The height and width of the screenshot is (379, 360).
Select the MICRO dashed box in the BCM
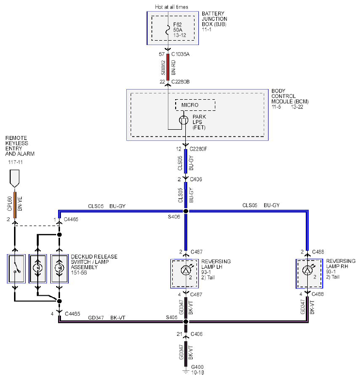pyautogui.click(x=195, y=105)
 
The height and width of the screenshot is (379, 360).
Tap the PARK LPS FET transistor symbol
pyautogui.click(x=183, y=120)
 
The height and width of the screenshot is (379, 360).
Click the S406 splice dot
pyautogui.click(x=186, y=211)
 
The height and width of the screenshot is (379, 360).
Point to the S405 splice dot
pyautogui.click(x=186, y=322)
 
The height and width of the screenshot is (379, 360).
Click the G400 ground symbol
pyautogui.click(x=186, y=371)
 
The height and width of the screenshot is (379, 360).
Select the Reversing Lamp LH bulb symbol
pyautogui.click(x=185, y=270)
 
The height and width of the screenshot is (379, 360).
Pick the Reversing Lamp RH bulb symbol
pyautogui.click(x=307, y=270)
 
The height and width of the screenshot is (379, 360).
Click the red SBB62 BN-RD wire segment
pyautogui.click(x=168, y=67)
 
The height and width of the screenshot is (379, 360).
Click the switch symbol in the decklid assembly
pyautogui.click(x=16, y=268)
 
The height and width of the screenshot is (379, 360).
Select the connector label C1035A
pyautogui.click(x=180, y=54)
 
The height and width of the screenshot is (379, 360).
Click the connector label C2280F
pyautogui.click(x=198, y=149)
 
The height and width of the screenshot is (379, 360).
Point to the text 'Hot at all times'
pyautogui.click(x=172, y=7)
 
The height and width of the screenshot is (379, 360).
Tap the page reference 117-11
pyautogui.click(x=15, y=162)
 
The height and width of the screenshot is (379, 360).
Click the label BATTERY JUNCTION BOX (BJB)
pyautogui.click(x=214, y=19)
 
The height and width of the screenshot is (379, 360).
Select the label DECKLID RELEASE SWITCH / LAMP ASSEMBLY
pyautogui.click(x=94, y=262)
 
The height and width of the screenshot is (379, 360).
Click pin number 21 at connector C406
pyautogui.click(x=180, y=334)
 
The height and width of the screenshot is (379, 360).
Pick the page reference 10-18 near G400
pyautogui.click(x=197, y=373)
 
